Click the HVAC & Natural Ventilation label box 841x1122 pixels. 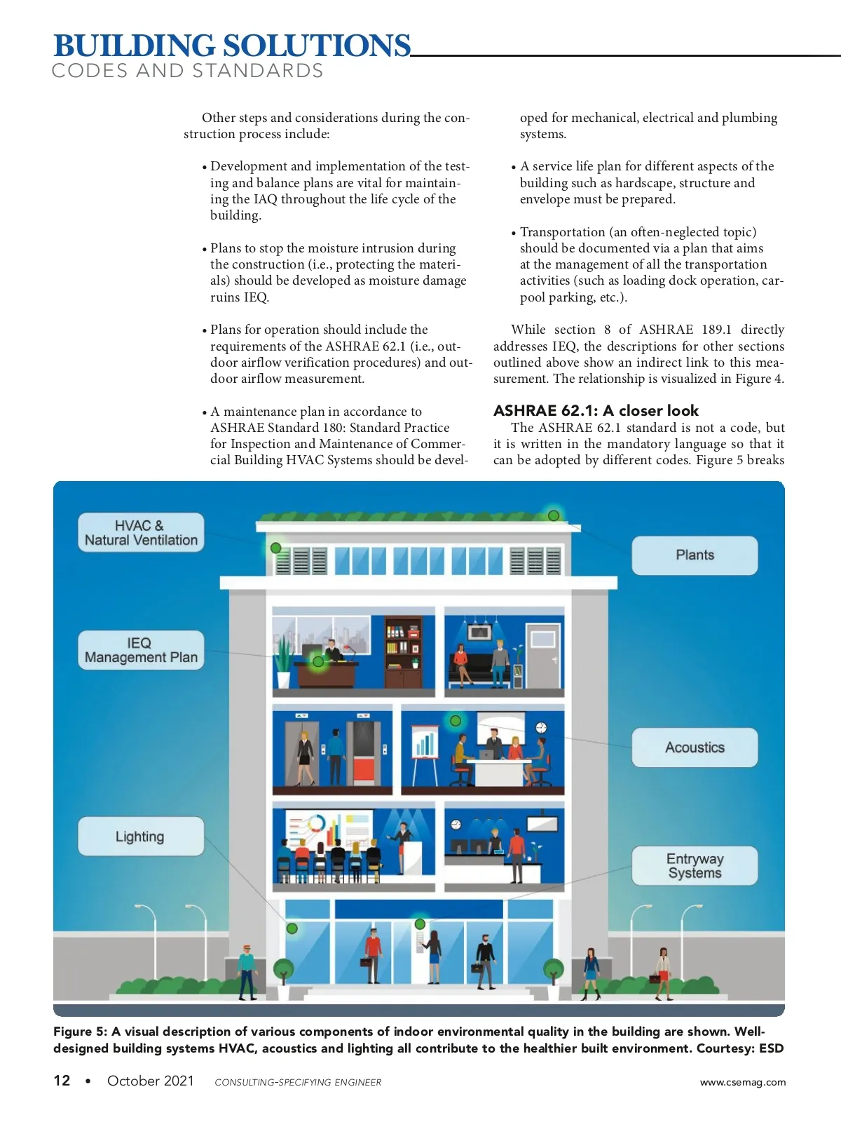141,532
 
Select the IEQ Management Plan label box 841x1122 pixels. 141,650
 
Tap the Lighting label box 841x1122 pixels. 141,836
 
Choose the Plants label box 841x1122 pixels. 695,555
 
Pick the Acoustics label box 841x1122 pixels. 695,748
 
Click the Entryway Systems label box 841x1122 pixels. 695,866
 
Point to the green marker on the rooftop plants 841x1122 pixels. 554,515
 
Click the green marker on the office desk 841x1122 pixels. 318,661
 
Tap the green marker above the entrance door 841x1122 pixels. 420,924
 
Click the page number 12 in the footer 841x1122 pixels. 62,1081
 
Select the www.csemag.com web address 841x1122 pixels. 743,1082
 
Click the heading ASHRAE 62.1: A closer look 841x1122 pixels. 596,410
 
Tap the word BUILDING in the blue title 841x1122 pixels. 135,46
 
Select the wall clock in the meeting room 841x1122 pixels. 541,727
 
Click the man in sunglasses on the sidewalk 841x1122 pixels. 246,971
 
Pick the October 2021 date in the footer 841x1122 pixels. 150,1081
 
